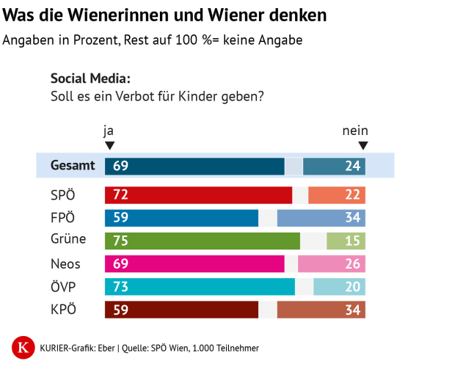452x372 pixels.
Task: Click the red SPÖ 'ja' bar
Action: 198,195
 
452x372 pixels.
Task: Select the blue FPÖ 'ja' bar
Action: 181,218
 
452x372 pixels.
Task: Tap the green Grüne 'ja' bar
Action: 203,241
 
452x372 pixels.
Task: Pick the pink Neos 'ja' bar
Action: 194,263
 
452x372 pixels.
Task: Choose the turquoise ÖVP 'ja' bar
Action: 200,286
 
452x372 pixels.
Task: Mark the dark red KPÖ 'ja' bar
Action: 181,309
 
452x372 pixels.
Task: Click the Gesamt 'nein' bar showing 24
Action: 334,166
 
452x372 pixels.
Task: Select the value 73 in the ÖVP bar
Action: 120,286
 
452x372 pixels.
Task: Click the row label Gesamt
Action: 73,166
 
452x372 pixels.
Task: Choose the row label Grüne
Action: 68,240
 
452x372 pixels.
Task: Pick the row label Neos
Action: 65,263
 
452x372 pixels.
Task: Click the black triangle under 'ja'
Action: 109,145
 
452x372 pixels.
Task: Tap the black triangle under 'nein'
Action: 362,145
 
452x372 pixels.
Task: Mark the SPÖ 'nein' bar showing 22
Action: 337,195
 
